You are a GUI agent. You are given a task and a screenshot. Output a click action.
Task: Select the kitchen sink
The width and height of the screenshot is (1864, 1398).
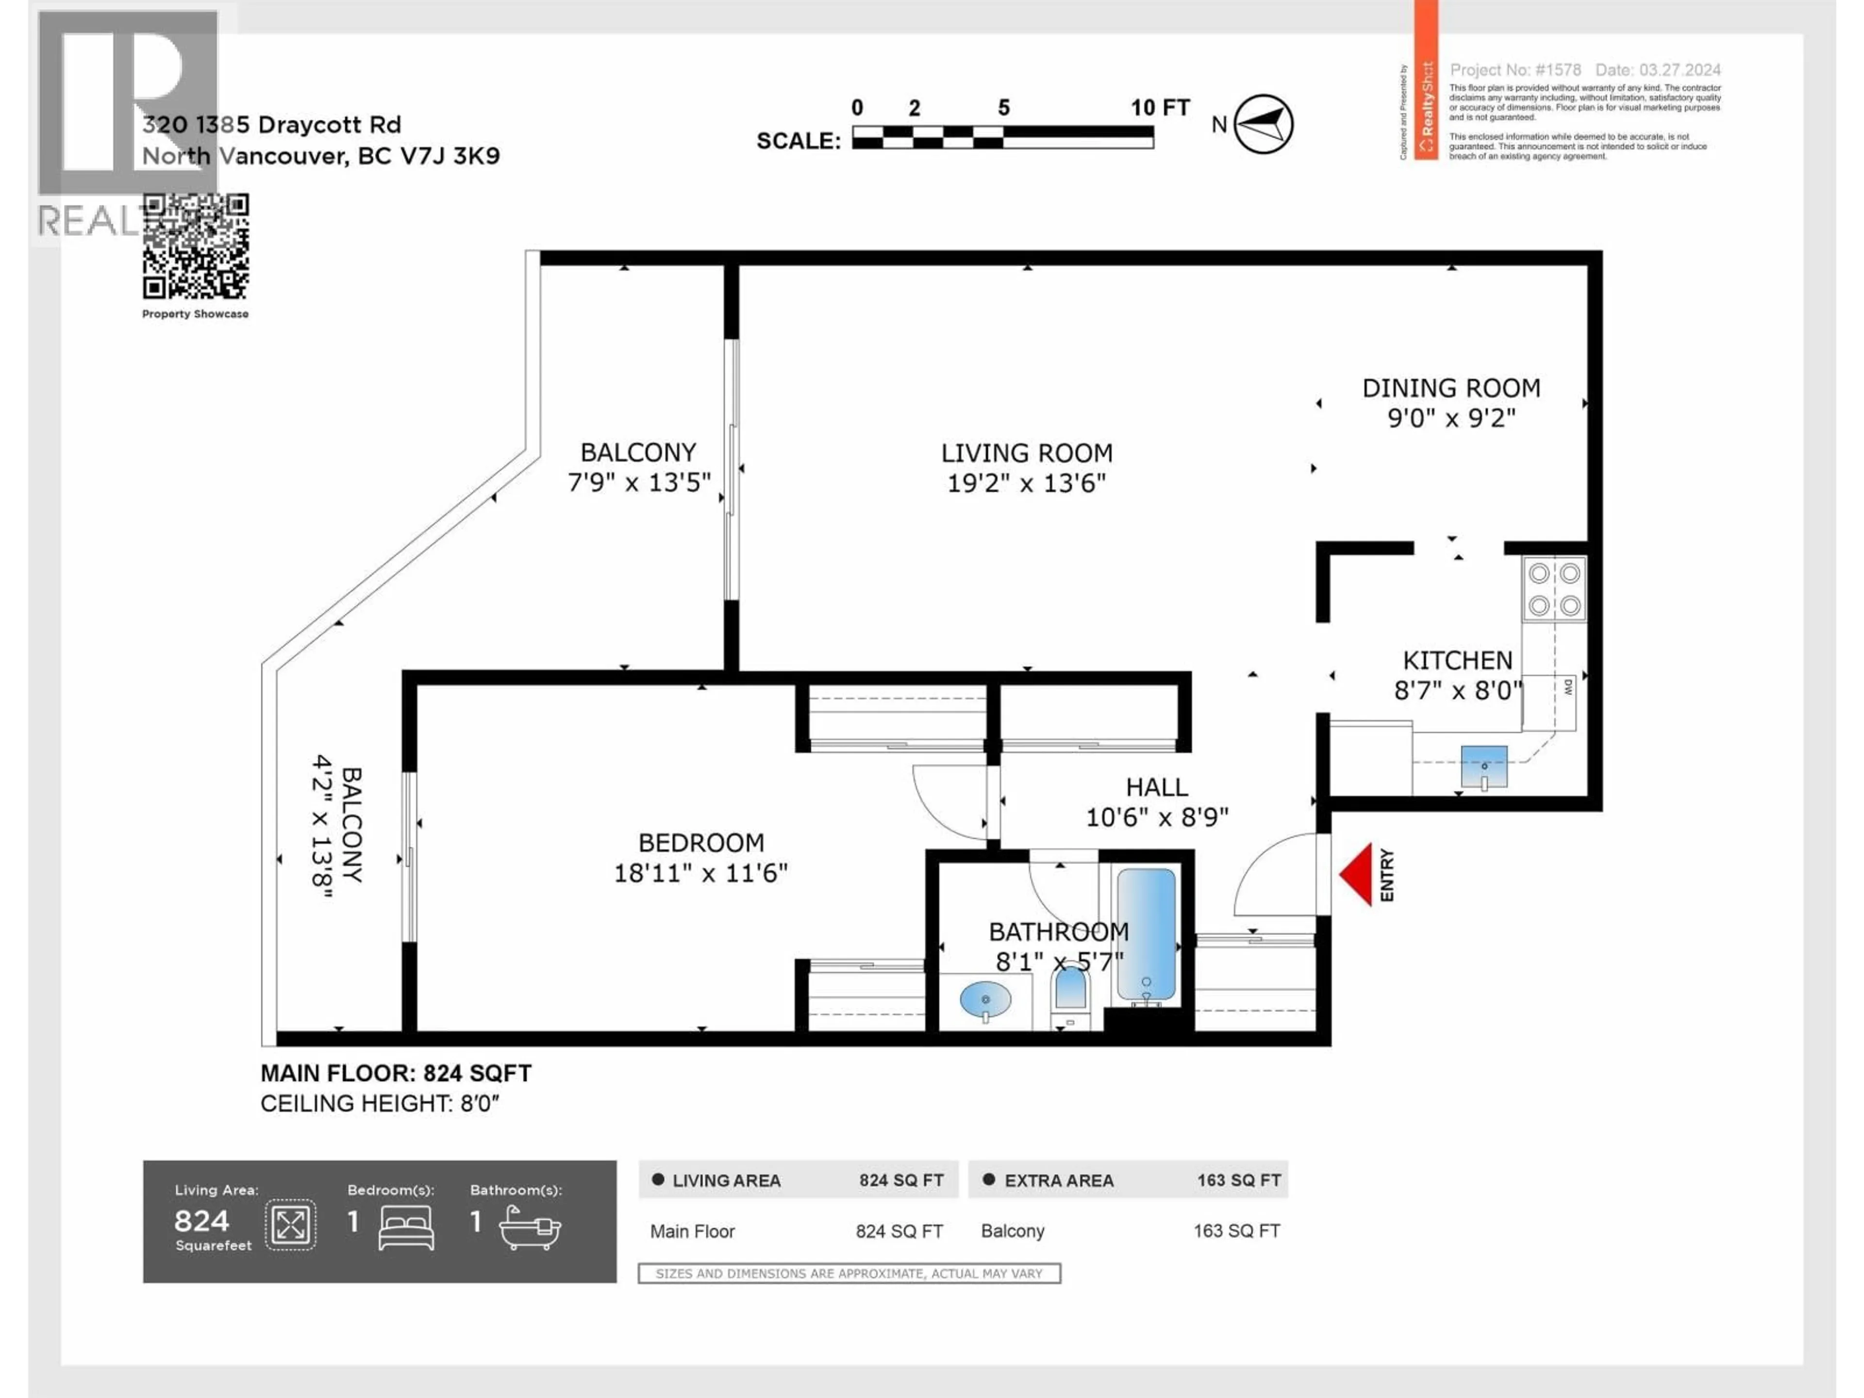tap(1484, 765)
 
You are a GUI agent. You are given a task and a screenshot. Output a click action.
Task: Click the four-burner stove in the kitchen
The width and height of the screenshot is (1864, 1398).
tap(1554, 589)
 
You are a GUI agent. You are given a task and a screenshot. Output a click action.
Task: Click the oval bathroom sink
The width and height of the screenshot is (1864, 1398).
tap(985, 1000)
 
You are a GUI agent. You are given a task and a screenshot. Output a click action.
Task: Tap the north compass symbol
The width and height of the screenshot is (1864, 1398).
tap(1263, 124)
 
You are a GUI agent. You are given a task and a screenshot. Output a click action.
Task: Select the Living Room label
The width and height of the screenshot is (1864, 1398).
tap(1026, 453)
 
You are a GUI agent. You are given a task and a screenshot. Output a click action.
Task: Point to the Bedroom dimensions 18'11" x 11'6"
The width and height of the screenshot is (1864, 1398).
tap(700, 873)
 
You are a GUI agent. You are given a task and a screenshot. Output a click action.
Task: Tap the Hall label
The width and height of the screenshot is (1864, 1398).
tap(1157, 787)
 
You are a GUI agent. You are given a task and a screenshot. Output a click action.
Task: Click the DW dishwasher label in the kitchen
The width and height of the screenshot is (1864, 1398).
tap(1568, 687)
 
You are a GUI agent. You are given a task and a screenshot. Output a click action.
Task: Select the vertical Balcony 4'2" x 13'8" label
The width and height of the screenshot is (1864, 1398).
tap(337, 825)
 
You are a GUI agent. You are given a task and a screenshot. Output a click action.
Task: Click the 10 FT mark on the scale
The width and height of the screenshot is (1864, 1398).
tap(1160, 108)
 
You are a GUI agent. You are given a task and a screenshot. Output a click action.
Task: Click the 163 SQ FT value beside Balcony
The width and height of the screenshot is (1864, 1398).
tap(1236, 1231)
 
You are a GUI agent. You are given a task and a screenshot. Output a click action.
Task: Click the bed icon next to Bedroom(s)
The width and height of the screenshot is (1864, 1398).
tap(406, 1227)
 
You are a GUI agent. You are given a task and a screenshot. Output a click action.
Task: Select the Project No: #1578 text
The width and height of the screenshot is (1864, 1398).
tap(1515, 70)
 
